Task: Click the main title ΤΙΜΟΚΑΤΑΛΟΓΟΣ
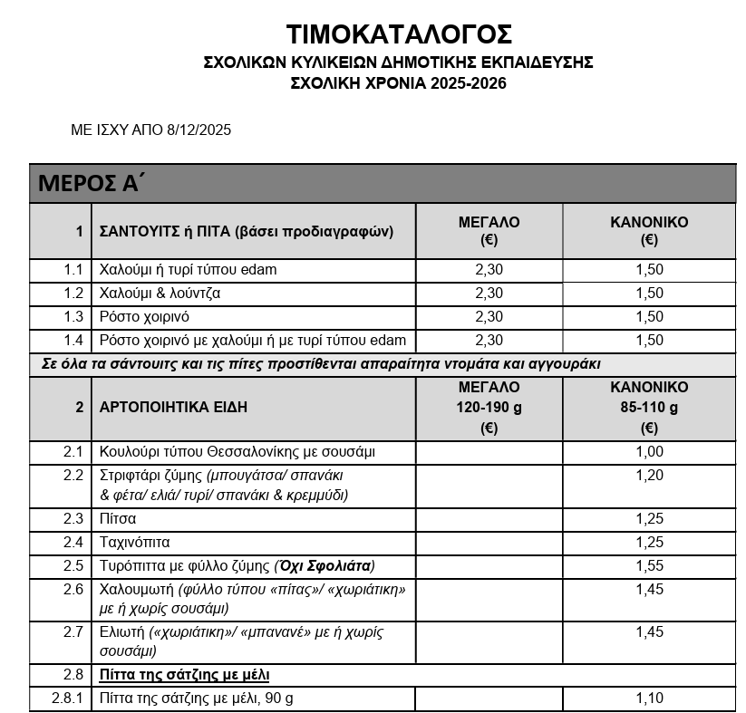coord(399,34)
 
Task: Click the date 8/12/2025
coord(199,130)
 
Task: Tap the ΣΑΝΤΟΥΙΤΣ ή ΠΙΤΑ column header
coord(246,231)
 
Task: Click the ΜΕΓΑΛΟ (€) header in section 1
coord(489,231)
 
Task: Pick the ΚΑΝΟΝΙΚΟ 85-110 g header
coord(649,407)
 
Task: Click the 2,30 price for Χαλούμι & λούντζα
coord(489,294)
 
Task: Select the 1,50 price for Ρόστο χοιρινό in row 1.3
coord(649,317)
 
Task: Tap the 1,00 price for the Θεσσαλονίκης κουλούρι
coord(649,452)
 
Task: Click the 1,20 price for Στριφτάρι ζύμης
coord(649,475)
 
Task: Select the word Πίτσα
coord(118,519)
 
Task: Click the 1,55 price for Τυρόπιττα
coord(649,566)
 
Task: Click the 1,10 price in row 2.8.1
coord(649,699)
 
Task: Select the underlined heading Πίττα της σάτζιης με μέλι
coord(184,675)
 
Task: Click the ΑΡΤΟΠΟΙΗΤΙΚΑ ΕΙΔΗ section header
coord(173,407)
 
